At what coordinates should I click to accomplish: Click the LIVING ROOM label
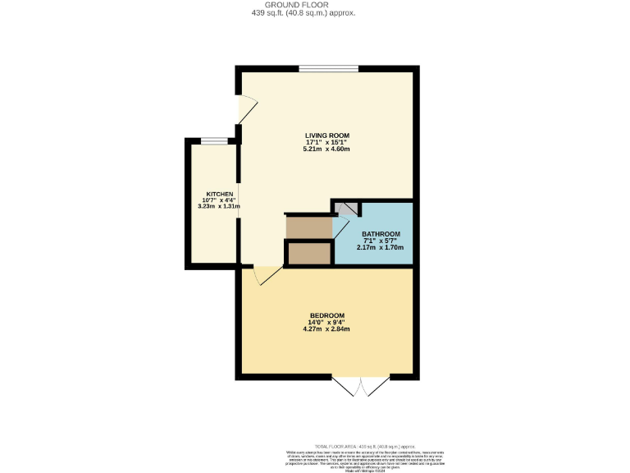tap(327, 135)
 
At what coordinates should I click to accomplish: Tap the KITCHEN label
tap(214, 194)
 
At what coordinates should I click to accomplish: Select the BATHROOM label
tap(381, 233)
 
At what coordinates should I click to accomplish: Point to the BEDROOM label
tap(326, 316)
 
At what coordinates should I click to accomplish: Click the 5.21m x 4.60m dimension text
tap(327, 149)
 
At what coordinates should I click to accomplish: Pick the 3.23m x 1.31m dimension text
tap(214, 207)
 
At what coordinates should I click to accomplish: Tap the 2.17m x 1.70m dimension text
tap(381, 247)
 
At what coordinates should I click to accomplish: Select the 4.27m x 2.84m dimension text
tap(326, 329)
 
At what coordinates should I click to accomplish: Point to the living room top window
tap(328, 68)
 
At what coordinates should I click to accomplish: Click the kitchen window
tap(215, 141)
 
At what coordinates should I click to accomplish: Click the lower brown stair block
tap(309, 253)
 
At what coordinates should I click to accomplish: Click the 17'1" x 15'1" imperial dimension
tap(327, 142)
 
